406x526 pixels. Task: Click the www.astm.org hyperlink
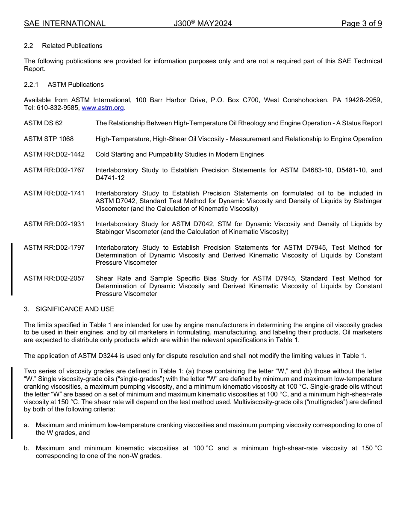tap(103, 108)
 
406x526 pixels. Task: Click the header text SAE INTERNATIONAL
tap(65, 24)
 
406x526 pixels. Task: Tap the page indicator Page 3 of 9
tap(361, 24)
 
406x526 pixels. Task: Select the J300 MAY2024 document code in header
tap(203, 24)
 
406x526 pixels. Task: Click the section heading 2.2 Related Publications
tap(63, 46)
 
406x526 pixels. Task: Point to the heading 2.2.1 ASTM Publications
tap(64, 85)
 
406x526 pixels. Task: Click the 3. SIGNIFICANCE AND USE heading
tap(69, 309)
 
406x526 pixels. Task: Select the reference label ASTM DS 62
tap(43, 123)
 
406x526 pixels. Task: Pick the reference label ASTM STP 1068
tap(49, 139)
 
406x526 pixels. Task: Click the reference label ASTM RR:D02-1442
tap(54, 154)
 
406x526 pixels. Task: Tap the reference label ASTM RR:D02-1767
tap(54, 170)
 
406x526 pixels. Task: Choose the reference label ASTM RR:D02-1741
tap(54, 193)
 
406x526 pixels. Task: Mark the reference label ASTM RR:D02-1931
tap(54, 224)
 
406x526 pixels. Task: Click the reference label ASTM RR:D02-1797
tap(54, 248)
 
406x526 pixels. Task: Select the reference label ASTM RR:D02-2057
tap(54, 278)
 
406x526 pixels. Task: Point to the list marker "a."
tap(26, 425)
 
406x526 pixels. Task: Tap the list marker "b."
tap(26, 448)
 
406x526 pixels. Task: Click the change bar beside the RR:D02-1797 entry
tap(12, 269)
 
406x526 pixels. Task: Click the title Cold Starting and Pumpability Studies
tap(179, 154)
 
